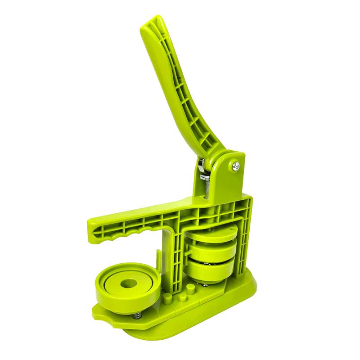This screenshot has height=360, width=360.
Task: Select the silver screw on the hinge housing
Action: [235, 166]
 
